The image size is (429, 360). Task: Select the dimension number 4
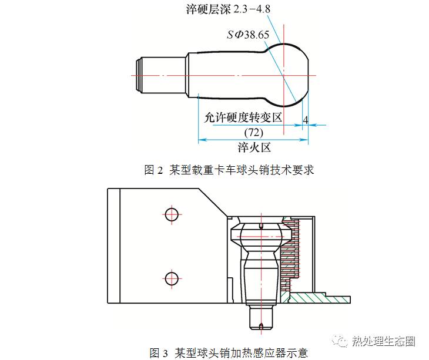tap(305, 119)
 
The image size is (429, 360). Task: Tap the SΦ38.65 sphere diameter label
tap(248, 35)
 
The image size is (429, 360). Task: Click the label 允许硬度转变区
tap(243, 117)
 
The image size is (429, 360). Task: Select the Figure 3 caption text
tap(229, 352)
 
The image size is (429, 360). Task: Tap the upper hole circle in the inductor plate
tap(171, 214)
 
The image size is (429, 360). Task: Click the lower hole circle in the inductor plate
tap(171, 277)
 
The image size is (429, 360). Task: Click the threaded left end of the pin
tap(140, 75)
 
